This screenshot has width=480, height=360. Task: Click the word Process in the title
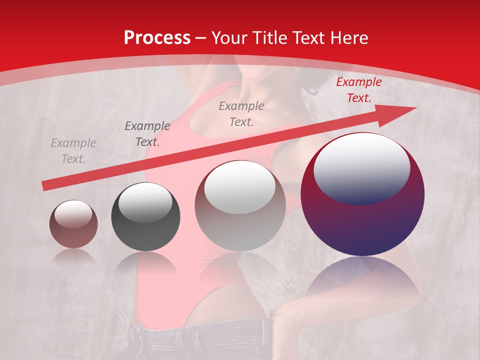point(157,37)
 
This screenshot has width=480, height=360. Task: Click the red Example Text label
point(358,90)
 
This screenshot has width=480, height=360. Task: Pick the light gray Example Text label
point(73,151)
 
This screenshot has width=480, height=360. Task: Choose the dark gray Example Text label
point(147,133)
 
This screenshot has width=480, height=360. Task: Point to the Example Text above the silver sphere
point(241,113)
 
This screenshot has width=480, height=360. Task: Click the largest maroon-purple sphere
point(362,220)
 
